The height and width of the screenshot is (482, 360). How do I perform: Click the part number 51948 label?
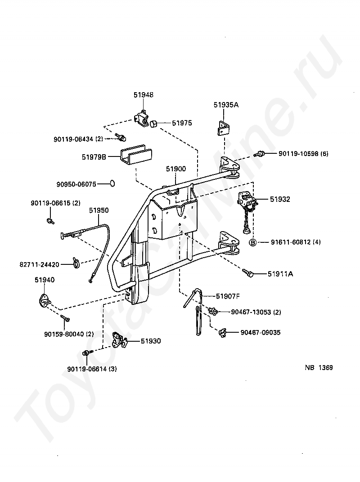pyautogui.click(x=143, y=95)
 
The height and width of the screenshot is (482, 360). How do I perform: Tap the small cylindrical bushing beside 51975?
pyautogui.click(x=154, y=123)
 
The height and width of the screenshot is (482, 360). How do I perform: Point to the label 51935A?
pyautogui.click(x=226, y=105)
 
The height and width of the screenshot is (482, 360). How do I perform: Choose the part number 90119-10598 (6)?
pyautogui.click(x=303, y=154)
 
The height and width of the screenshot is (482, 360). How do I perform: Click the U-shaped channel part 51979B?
pyautogui.click(x=135, y=155)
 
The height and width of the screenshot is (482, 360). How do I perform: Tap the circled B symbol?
pyautogui.click(x=253, y=242)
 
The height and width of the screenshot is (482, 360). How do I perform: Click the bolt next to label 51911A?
pyautogui.click(x=248, y=272)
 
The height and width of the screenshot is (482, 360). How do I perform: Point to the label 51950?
pyautogui.click(x=98, y=210)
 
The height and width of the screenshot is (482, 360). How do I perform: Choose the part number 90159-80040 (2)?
pyautogui.click(x=69, y=334)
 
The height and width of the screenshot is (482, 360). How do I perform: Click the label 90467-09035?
pyautogui.click(x=261, y=333)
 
